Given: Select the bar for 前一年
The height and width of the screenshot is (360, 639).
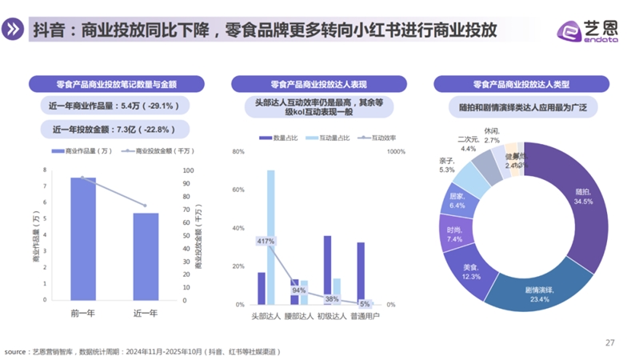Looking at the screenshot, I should (83, 240).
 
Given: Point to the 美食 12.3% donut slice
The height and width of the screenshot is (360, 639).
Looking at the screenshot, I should (471, 272).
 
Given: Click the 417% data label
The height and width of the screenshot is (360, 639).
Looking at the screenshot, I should (266, 242).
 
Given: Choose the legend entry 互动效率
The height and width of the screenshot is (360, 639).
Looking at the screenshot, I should (379, 138).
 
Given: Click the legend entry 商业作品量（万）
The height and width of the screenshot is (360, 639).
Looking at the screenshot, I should (82, 151).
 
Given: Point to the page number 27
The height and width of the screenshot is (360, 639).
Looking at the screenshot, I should (609, 342).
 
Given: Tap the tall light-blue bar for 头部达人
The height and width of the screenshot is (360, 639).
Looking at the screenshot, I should (270, 237).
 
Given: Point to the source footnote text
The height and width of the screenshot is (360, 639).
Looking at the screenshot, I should (144, 351).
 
